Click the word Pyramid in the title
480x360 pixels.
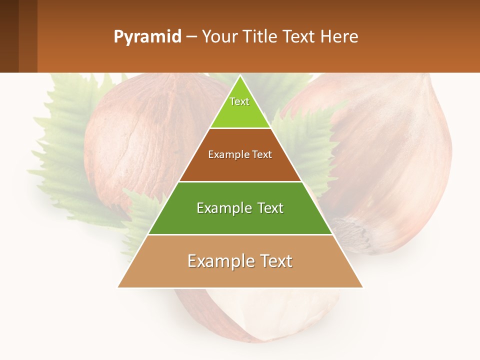[147, 37]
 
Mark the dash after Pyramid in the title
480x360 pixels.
[191, 37]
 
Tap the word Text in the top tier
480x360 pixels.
[239, 101]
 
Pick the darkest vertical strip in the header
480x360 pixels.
[9, 36]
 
